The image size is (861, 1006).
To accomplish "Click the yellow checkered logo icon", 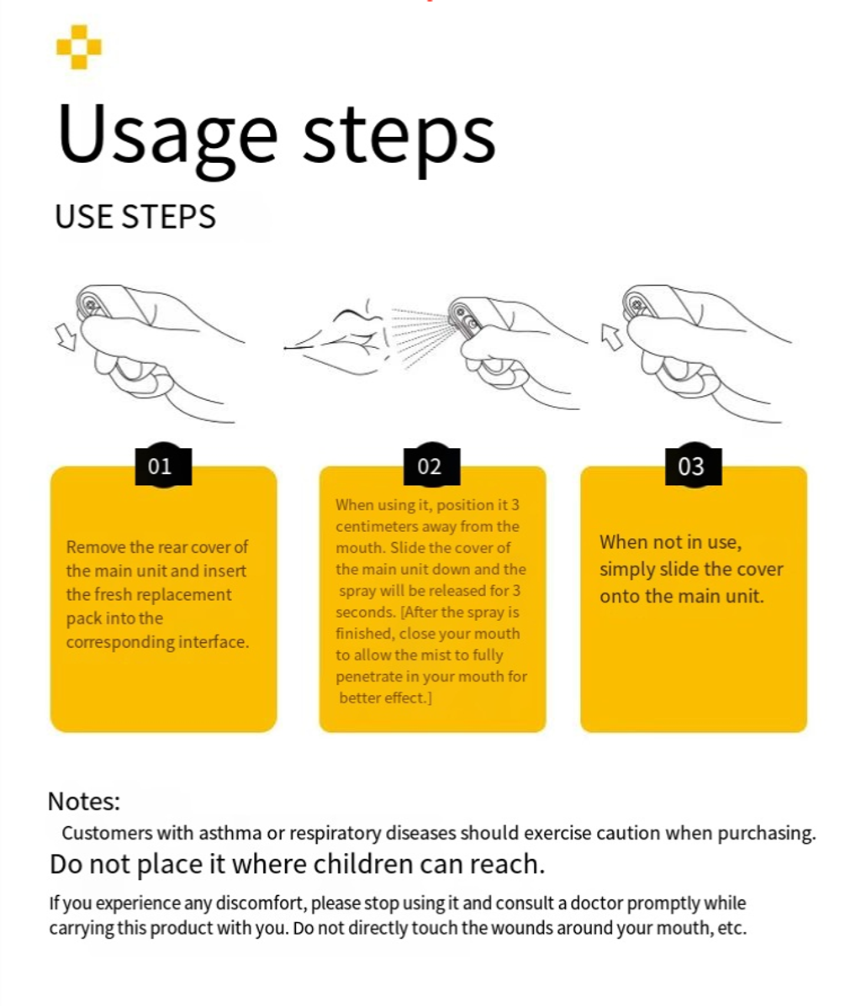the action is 79,47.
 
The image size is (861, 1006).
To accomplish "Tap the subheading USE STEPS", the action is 135,217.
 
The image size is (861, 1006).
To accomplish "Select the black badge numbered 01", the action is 163,466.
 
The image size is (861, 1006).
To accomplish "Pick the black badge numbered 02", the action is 431,466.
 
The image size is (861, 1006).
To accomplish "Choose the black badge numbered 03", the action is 694,466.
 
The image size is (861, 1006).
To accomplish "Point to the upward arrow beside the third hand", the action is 611,337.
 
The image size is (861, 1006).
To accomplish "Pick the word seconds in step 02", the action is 365,612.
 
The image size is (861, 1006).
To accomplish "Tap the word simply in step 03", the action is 626,570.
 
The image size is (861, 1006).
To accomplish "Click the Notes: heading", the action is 84,801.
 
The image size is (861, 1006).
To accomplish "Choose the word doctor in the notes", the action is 596,903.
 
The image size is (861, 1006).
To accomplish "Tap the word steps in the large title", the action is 399,139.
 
